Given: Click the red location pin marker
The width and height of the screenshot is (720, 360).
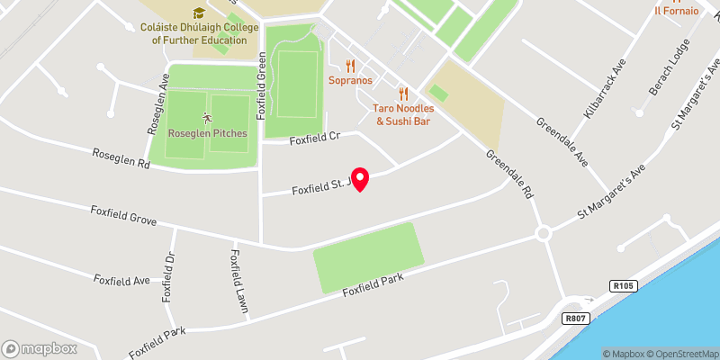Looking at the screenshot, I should click(x=360, y=179).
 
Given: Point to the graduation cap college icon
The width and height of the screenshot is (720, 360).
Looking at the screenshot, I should click(x=198, y=13).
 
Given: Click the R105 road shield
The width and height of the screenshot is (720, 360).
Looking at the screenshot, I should click(x=623, y=286).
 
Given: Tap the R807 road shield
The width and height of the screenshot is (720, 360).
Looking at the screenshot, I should click(x=576, y=318).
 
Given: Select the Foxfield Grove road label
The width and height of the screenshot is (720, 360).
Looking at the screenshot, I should click(x=123, y=215).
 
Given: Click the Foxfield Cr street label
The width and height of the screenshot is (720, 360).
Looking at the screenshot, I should click(x=314, y=139).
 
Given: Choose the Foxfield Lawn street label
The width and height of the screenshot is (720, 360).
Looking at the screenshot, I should click(x=239, y=281).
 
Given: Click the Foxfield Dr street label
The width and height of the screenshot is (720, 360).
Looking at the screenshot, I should click(x=167, y=277).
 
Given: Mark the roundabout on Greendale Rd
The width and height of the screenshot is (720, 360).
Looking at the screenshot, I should click(x=543, y=233).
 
